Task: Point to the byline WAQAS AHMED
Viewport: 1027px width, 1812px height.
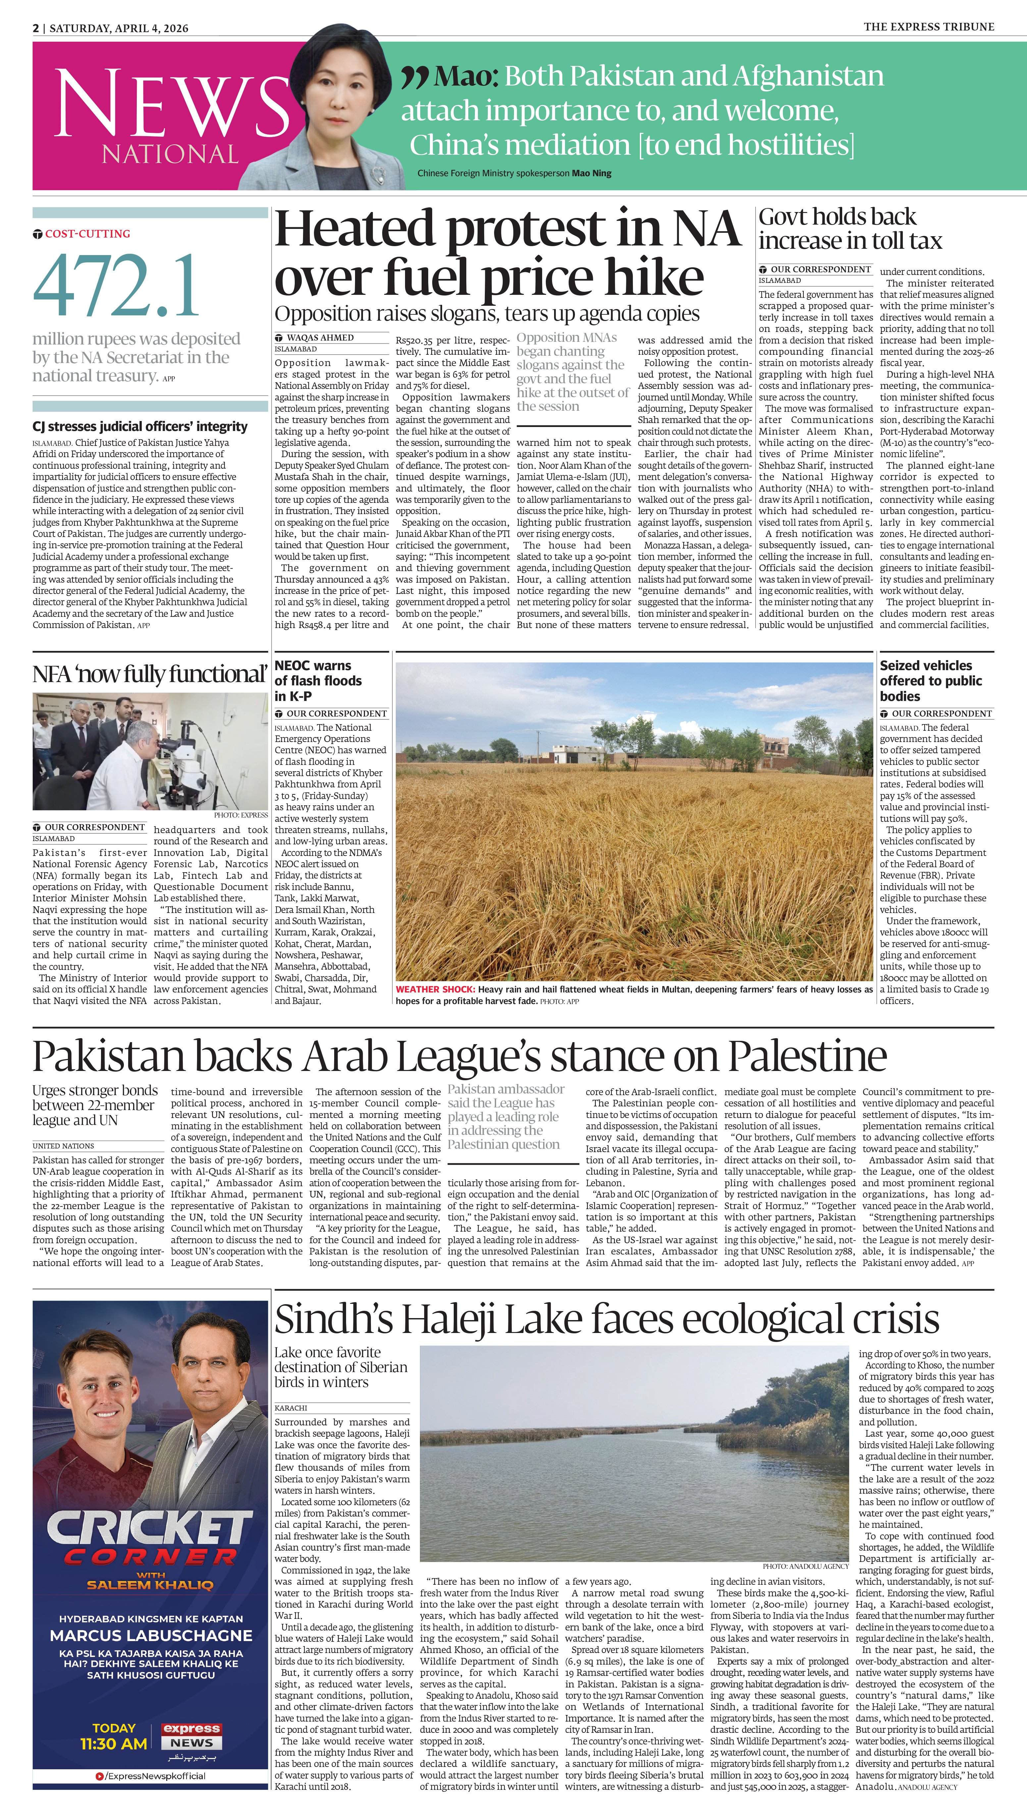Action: (321, 338)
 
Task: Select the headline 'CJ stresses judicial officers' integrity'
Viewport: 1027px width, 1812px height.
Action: (140, 427)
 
